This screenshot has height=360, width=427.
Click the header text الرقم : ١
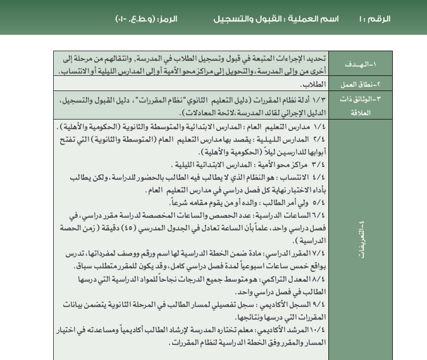375,19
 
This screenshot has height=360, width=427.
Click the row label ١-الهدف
361,64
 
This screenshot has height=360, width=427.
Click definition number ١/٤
318,127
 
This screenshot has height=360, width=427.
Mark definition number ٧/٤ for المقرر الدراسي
318,252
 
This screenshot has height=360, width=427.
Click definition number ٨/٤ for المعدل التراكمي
318,278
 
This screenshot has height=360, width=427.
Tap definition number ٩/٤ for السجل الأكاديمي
318,304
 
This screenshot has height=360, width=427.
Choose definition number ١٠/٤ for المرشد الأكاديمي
316,330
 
